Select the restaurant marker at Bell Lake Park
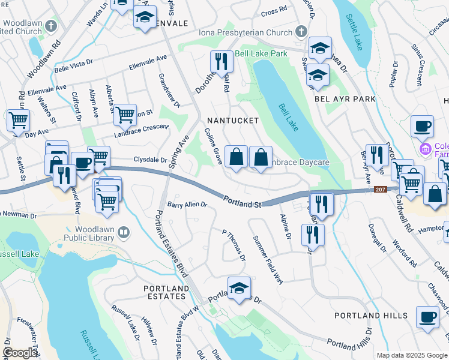click(221, 61)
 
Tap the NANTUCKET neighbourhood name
click(232, 121)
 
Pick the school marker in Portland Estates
click(238, 287)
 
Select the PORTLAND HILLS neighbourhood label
click(371, 316)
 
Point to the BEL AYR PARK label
click(345, 99)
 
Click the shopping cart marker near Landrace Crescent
click(124, 114)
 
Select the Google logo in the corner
click(20, 353)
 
